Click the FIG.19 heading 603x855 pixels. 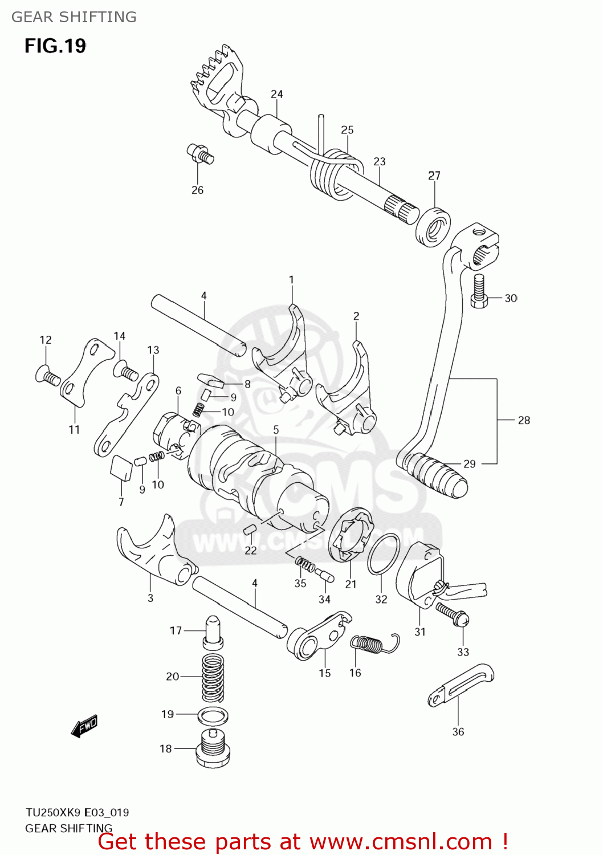coord(55,46)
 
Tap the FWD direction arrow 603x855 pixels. coord(84,726)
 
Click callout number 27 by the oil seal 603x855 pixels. coord(434,176)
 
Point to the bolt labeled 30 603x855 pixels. coord(479,291)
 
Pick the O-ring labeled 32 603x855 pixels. coord(384,554)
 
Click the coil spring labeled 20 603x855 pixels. coord(213,677)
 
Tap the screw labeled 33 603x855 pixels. coord(453,614)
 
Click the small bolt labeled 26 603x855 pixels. coord(200,153)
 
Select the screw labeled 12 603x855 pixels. coord(47,376)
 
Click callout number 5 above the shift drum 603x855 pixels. coord(276,430)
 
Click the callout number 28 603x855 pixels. coord(524,420)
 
